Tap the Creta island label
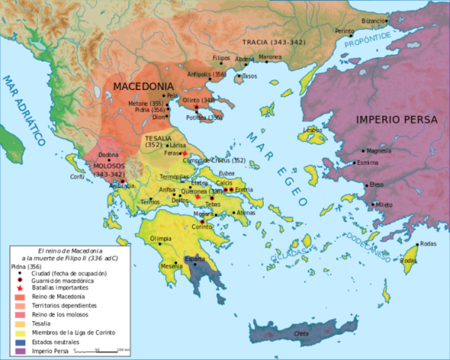tap(301, 333)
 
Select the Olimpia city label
tap(166, 238)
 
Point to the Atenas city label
tap(246, 213)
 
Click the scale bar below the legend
tap(98, 349)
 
